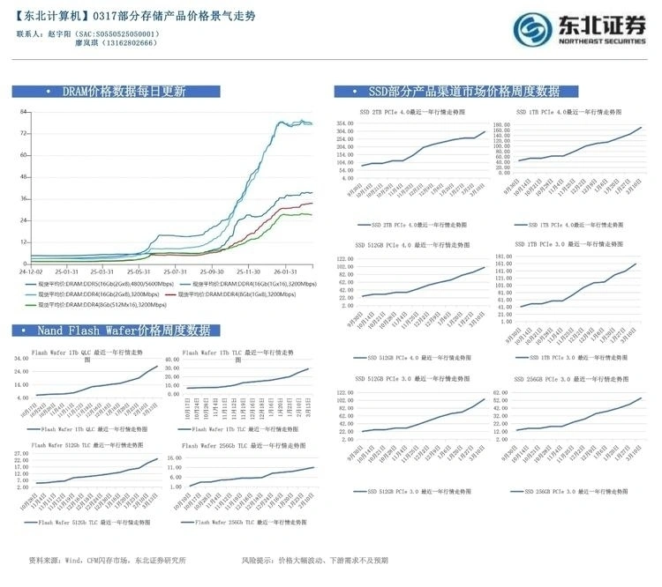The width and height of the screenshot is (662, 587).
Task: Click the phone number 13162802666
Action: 128,42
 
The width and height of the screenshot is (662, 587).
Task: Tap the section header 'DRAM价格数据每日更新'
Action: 123,92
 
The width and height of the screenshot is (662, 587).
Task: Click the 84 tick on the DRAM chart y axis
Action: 25,112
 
